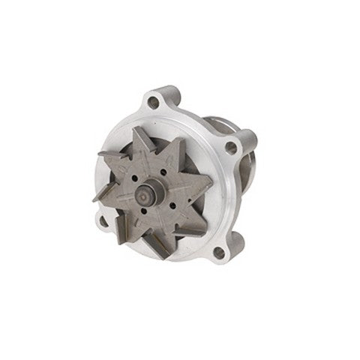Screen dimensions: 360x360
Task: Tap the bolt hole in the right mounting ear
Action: (x=232, y=148)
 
